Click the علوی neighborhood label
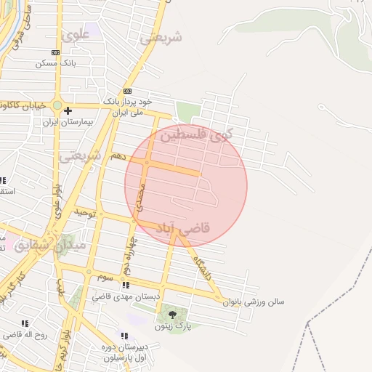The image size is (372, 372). point(76,34)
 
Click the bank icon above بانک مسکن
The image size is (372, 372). point(56,52)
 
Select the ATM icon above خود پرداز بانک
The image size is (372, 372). point(127,91)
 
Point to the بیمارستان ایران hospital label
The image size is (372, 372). point(69,122)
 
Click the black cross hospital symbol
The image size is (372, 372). point(68,110)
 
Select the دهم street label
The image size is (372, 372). point(117,156)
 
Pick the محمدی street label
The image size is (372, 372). point(142,191)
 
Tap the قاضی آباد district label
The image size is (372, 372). point(182,228)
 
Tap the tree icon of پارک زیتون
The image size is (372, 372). point(172,315)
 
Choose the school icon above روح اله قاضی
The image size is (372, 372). point(25,323)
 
